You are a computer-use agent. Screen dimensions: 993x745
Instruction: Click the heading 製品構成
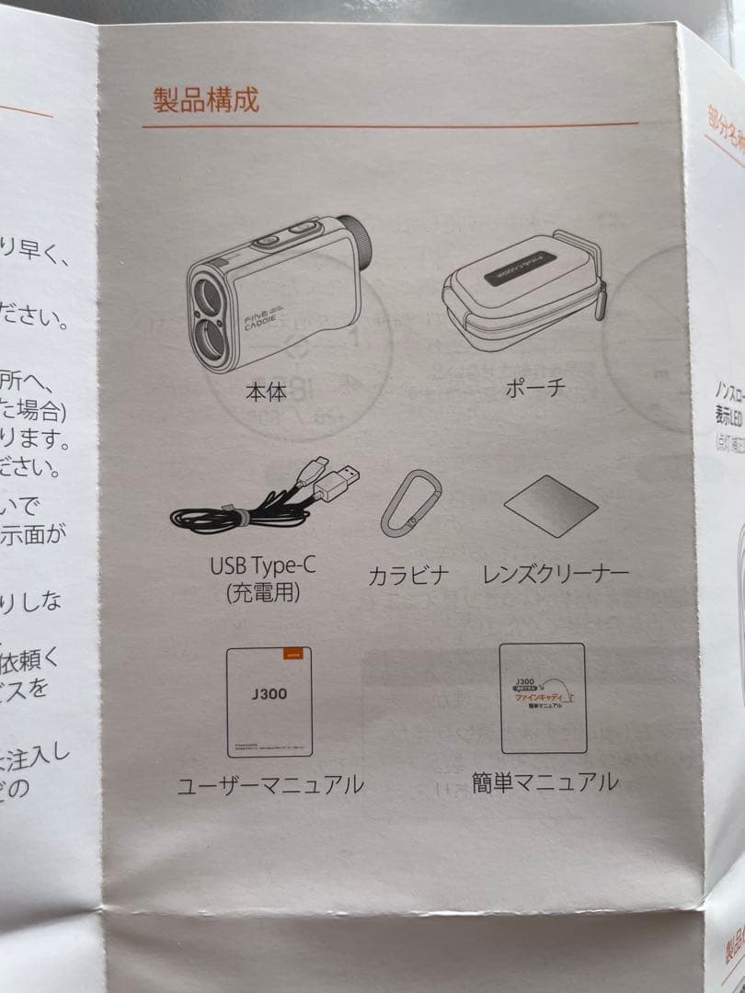(x=206, y=98)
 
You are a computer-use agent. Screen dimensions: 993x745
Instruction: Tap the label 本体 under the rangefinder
(x=266, y=393)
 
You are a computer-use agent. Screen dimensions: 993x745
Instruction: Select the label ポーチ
(x=534, y=387)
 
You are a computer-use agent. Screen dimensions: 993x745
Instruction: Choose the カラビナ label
(x=408, y=576)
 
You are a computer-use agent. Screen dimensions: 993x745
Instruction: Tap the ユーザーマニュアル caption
(x=270, y=784)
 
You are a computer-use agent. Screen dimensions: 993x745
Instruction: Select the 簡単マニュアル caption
(x=544, y=782)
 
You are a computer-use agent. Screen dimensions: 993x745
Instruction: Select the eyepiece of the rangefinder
(x=354, y=237)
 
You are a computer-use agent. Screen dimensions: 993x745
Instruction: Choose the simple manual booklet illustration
(x=543, y=697)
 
